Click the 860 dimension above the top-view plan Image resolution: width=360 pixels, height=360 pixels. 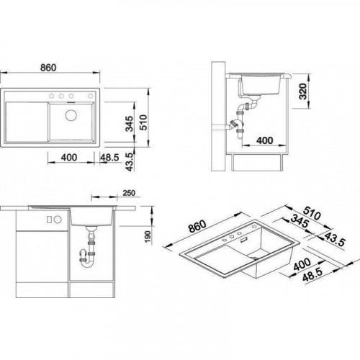[x=48, y=68]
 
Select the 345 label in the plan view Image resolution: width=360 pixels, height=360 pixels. [x=130, y=124]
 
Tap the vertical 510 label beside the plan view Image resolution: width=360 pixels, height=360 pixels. [x=143, y=122]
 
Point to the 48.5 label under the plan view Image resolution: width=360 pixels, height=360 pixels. [x=109, y=158]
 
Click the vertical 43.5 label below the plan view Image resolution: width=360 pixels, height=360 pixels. [x=130, y=162]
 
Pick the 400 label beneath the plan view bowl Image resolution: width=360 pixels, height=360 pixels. [x=69, y=158]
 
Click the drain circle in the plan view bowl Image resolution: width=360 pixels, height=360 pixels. [x=71, y=115]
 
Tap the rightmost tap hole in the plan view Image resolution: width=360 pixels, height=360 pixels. [x=91, y=96]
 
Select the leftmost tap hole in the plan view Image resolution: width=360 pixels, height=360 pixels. [x=51, y=96]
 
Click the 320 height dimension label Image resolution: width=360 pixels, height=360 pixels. [x=303, y=91]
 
